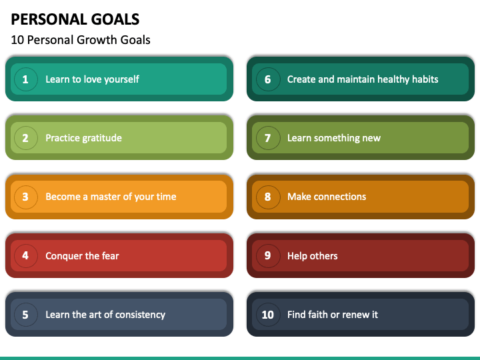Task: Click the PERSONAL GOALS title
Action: (75, 19)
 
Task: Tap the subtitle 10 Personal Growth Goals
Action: (81, 40)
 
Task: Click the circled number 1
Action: (26, 79)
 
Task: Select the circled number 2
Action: (26, 138)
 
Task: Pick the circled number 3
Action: (26, 197)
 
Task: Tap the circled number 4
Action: (26, 255)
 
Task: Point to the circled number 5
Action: (26, 315)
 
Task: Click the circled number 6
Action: (268, 79)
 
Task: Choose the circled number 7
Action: (268, 138)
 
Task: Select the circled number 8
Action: (268, 197)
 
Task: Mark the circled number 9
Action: (268, 255)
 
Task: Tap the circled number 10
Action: (268, 315)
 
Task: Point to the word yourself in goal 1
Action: (121, 79)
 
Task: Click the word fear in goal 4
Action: (111, 255)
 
